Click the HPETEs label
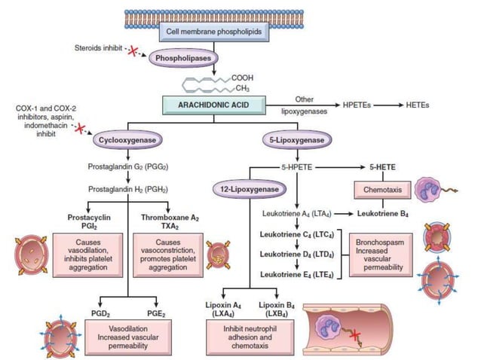coord(366,107)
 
